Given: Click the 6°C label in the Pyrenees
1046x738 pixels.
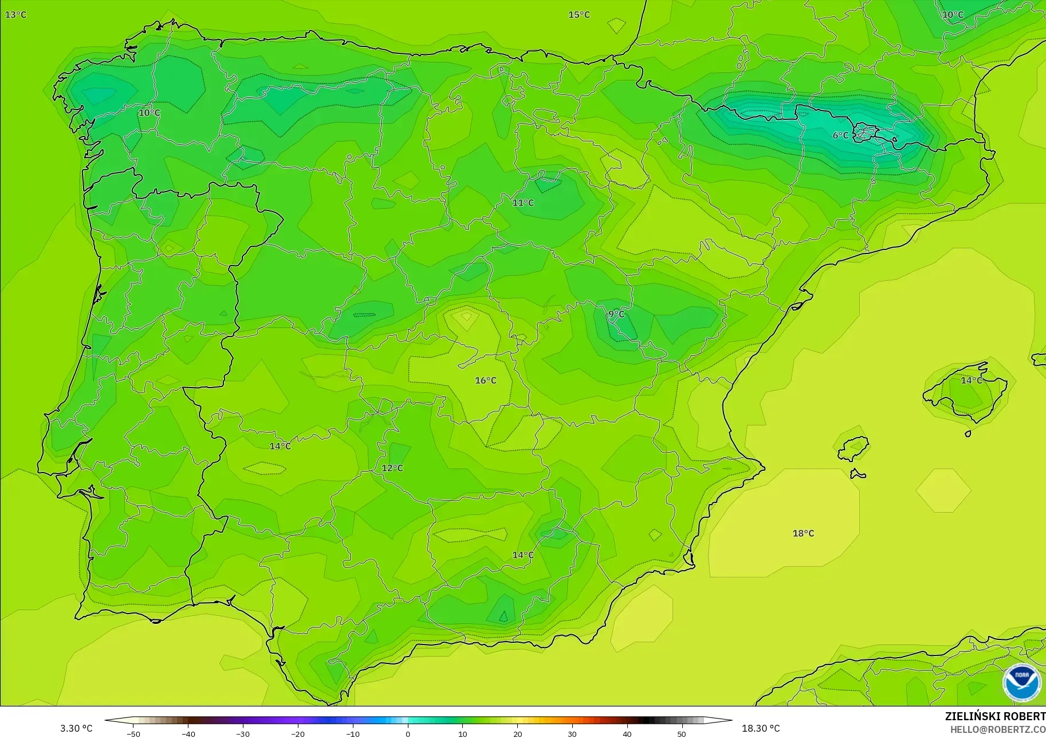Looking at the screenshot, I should (x=840, y=135).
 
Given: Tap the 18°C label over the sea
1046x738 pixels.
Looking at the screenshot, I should (x=803, y=533).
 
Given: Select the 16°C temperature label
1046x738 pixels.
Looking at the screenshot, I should (x=486, y=380).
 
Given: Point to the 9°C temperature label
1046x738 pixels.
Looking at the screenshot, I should (x=616, y=314).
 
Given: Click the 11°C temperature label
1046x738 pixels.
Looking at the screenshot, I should (x=523, y=202).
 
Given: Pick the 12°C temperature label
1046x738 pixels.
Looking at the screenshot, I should (x=392, y=468).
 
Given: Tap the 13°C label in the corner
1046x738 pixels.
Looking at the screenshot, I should (x=15, y=14).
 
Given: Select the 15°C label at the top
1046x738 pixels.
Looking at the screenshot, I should (x=579, y=14).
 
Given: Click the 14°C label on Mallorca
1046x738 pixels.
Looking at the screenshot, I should (x=971, y=380).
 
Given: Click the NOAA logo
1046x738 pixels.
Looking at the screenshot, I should (x=1021, y=682).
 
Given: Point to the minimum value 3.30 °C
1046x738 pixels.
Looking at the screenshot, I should (x=76, y=728).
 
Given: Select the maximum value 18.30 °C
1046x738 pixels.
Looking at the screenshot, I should (x=761, y=728).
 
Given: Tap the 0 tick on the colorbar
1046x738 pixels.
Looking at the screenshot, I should (x=408, y=733).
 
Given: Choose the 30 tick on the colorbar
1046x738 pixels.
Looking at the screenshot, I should (x=572, y=733).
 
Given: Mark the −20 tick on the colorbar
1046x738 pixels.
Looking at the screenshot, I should (x=298, y=733).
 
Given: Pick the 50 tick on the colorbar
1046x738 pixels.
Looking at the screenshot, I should (x=682, y=733).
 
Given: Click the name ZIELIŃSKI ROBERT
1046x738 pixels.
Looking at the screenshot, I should (x=995, y=716).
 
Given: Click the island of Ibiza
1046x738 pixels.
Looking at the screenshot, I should (x=853, y=448).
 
